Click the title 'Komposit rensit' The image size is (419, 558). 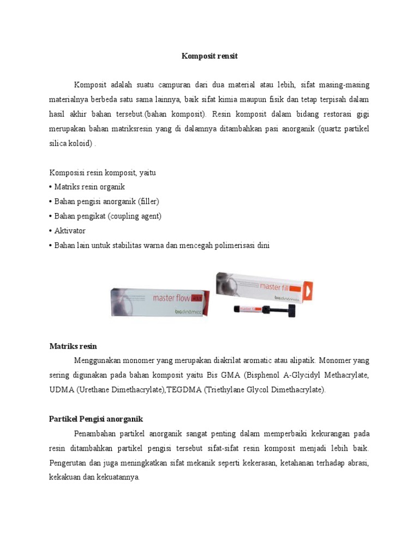(209, 56)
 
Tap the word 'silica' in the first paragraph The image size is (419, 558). (61, 144)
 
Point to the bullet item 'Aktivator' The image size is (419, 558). (69, 231)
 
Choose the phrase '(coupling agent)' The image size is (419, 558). (135, 216)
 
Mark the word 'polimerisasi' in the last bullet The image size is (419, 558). (233, 245)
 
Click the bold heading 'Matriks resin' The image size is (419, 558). (73, 346)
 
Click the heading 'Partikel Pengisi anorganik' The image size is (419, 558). (96, 418)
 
